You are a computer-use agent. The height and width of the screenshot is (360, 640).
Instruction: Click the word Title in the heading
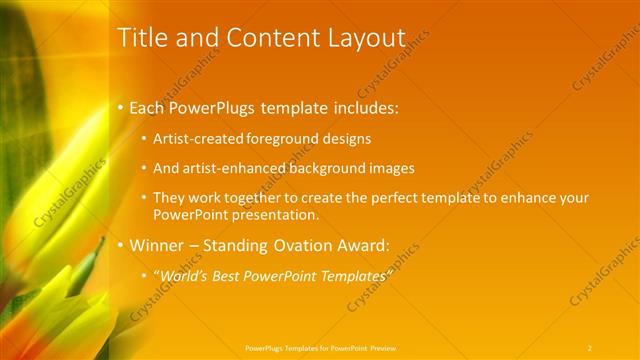pyautogui.click(x=141, y=38)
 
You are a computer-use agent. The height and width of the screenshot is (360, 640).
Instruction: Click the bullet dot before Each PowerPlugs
pyautogui.click(x=121, y=105)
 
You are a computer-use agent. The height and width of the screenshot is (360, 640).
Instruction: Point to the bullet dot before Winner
pyautogui.click(x=121, y=244)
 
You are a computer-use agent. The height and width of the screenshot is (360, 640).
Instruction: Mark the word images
pyautogui.click(x=390, y=168)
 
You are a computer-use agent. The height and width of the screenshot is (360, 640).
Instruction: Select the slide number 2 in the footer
pyautogui.click(x=590, y=347)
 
